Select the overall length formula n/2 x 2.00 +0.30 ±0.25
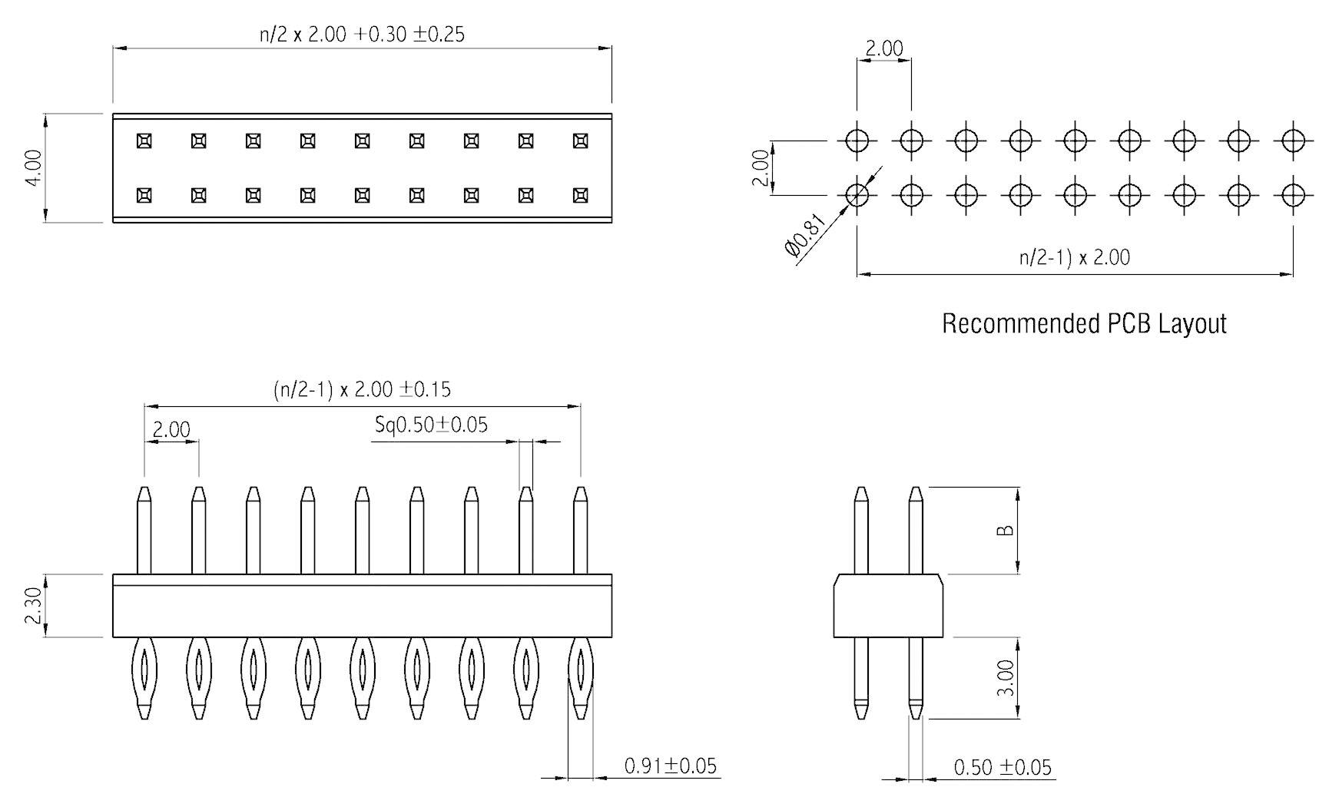(362, 35)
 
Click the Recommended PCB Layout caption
(1083, 323)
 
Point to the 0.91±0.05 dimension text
(670, 766)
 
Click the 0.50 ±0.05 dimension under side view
(1002, 767)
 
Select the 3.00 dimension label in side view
(1005, 677)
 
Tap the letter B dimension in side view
(1005, 531)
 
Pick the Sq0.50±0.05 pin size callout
(431, 425)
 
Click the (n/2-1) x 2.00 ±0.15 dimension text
(362, 389)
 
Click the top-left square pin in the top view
(144, 141)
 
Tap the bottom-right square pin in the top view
(580, 196)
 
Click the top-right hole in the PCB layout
(1293, 141)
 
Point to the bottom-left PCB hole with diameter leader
(857, 195)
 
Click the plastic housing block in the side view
(888, 606)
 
